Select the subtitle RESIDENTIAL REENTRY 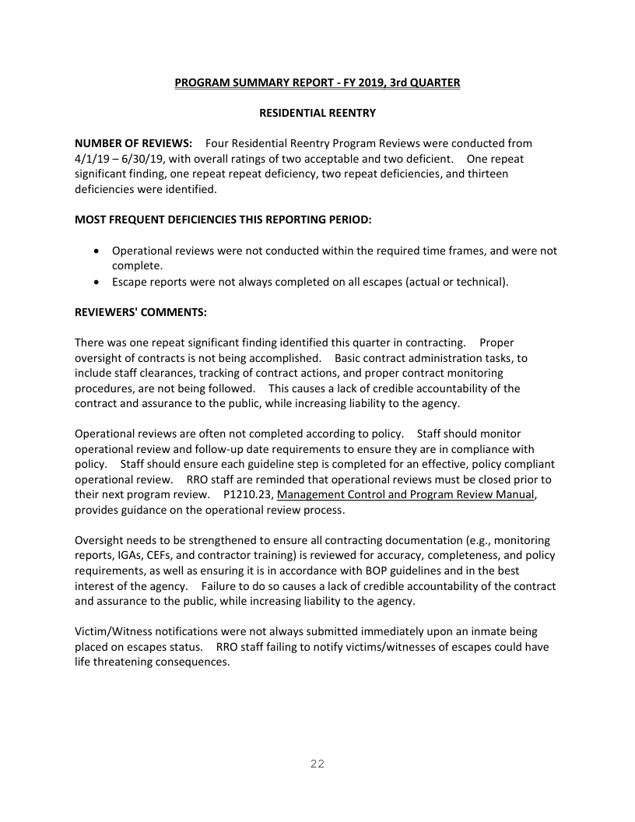[317, 113]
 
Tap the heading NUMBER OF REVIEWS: [133, 143]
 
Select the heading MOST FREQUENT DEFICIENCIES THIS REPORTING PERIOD [223, 220]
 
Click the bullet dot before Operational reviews [95, 251]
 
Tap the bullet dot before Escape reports [95, 282]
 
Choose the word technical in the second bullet [479, 282]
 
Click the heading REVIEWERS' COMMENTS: [141, 312]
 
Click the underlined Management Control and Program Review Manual [405, 494]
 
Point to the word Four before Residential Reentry [219, 143]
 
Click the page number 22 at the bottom [317, 764]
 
